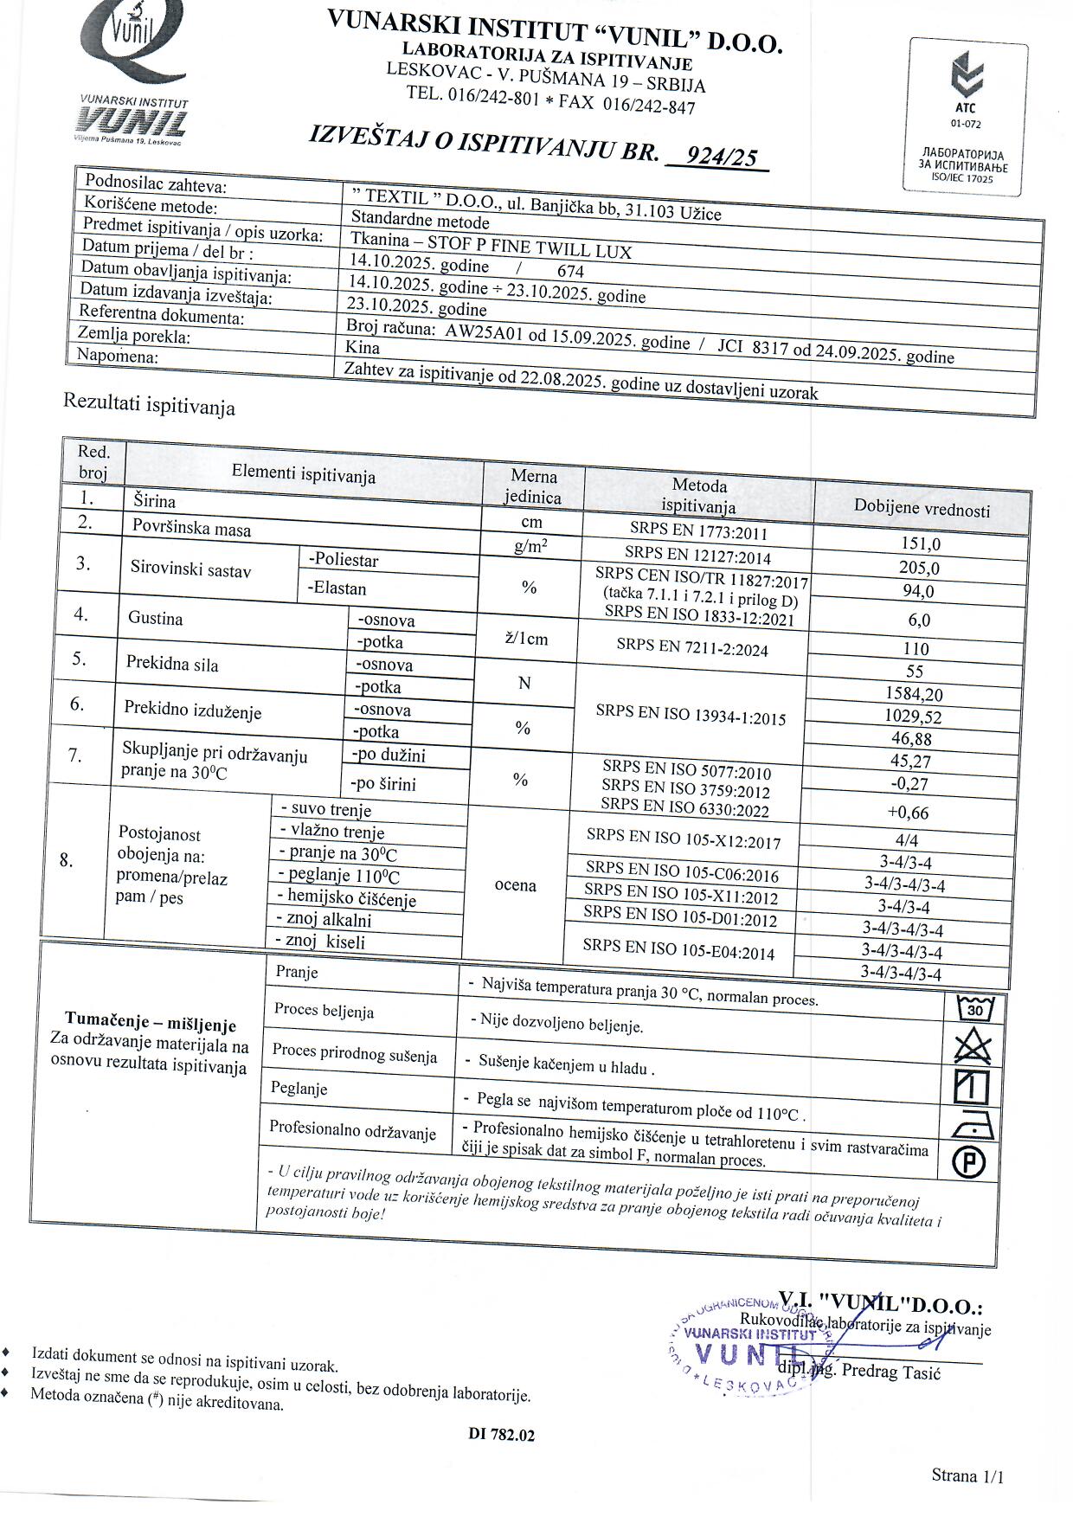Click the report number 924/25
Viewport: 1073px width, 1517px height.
[720, 157]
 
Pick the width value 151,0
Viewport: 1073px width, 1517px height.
[921, 544]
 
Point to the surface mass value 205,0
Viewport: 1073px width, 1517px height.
[920, 569]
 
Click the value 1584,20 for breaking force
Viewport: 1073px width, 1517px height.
[914, 694]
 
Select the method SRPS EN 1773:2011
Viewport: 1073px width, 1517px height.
[698, 531]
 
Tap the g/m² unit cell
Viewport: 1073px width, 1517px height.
[530, 547]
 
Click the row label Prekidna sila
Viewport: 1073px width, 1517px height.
[172, 665]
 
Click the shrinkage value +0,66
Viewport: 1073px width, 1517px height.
[908, 813]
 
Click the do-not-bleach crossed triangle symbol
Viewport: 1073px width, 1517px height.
[973, 1047]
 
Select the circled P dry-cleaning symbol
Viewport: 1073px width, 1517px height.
[969, 1162]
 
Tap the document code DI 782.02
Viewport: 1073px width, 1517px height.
[502, 1435]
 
